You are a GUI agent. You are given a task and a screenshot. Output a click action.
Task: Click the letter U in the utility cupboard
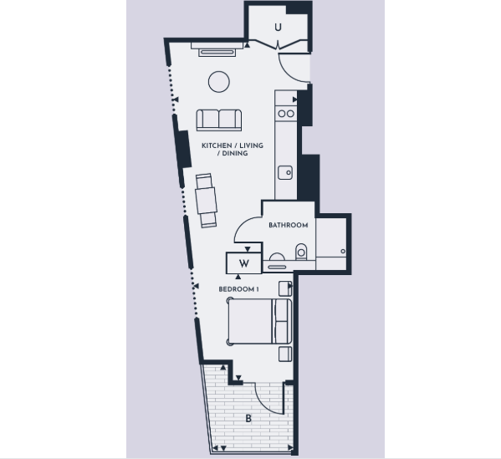(x=278, y=28)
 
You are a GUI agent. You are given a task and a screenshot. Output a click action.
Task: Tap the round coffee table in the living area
(x=219, y=82)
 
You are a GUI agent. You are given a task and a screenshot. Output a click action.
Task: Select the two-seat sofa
(x=219, y=120)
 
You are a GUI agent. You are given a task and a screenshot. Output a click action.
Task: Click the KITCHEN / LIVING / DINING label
(x=233, y=150)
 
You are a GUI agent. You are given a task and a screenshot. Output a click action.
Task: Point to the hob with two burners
(x=286, y=114)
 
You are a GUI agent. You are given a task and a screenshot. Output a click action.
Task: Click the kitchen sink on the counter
(x=285, y=172)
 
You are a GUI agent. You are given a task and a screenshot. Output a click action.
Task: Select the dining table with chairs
(x=207, y=201)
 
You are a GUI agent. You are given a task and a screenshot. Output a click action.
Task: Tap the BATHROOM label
(x=289, y=225)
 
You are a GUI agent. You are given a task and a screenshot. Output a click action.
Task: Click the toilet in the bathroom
(x=301, y=252)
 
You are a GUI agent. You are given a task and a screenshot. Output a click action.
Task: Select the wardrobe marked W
(x=243, y=263)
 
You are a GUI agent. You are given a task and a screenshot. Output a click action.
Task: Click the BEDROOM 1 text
(x=238, y=289)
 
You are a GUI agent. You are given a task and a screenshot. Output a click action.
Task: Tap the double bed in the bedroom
(x=259, y=321)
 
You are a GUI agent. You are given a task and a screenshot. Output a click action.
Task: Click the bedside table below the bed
(x=285, y=354)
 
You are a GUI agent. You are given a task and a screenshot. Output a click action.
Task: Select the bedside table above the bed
(x=285, y=288)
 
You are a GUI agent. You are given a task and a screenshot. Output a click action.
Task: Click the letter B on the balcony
(x=248, y=418)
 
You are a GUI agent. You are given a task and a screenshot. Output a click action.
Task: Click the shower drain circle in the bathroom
(x=343, y=252)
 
